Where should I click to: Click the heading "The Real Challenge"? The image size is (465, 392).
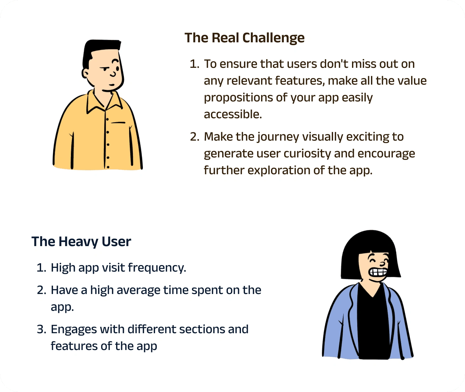[244, 38]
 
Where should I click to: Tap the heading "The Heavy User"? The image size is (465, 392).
[81, 242]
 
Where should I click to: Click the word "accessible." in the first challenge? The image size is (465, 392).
[233, 114]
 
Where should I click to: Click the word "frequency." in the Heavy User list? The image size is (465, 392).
[157, 268]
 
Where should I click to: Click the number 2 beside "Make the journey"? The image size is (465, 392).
[194, 137]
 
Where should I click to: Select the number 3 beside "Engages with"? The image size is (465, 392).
[41, 329]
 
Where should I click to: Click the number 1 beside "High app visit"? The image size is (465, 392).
[41, 268]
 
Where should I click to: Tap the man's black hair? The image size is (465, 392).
[99, 50]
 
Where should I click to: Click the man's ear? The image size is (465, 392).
[85, 73]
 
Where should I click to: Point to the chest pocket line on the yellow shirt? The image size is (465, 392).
[118, 123]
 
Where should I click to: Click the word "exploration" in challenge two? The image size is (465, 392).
[279, 170]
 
